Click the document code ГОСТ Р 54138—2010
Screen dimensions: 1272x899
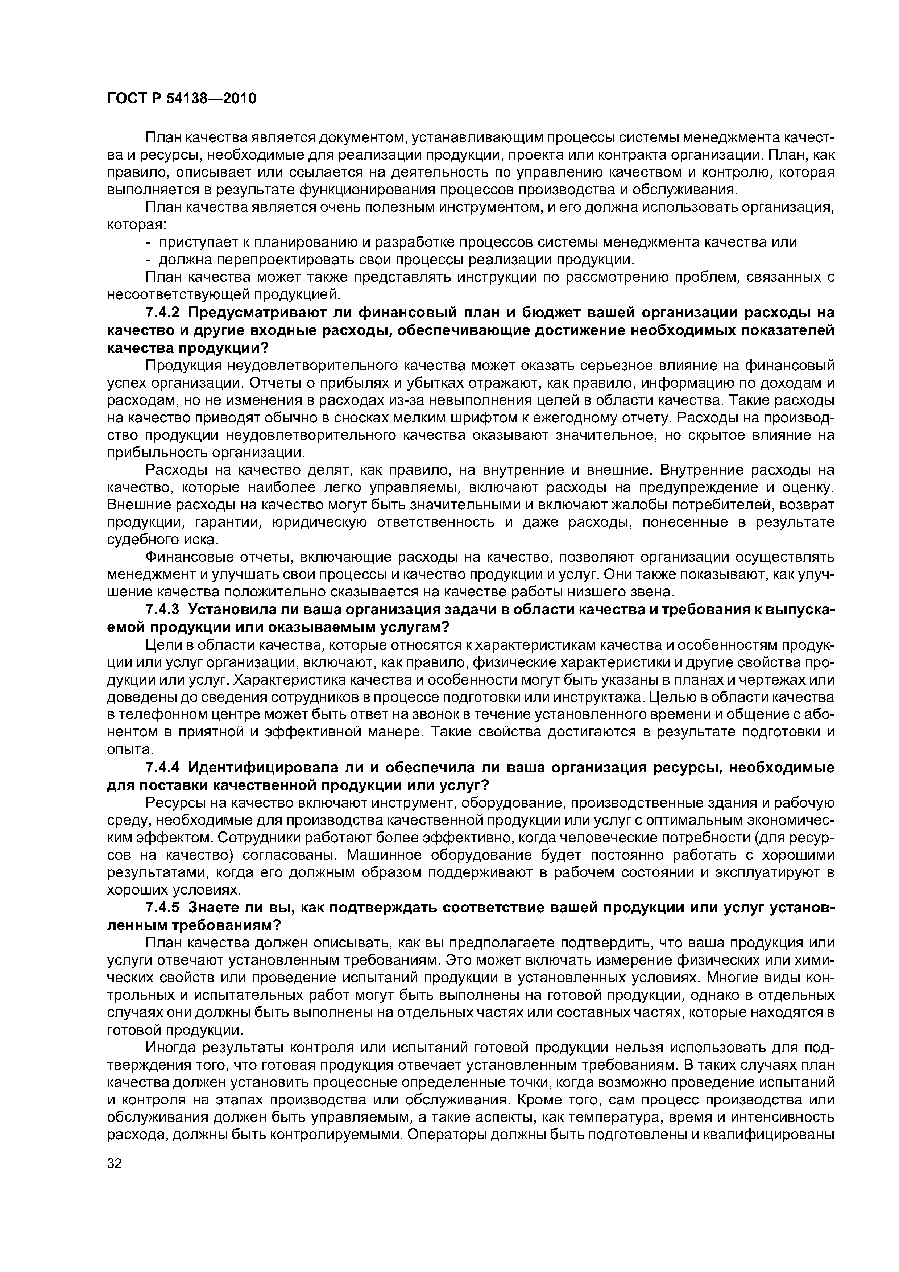181,99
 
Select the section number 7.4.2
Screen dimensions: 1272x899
163,313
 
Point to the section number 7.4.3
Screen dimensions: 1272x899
163,610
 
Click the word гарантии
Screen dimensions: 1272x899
221,523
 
